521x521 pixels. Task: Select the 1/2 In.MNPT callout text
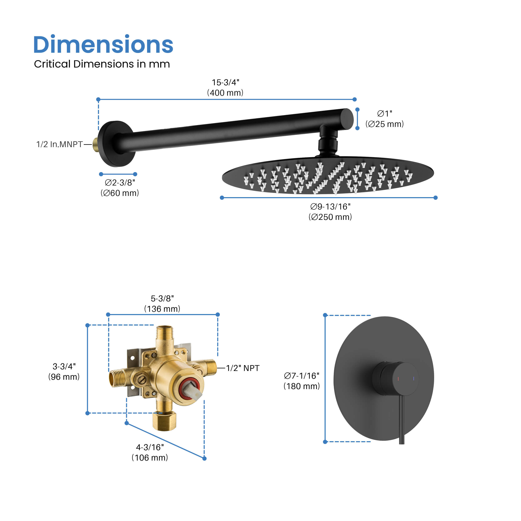click(59, 144)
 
